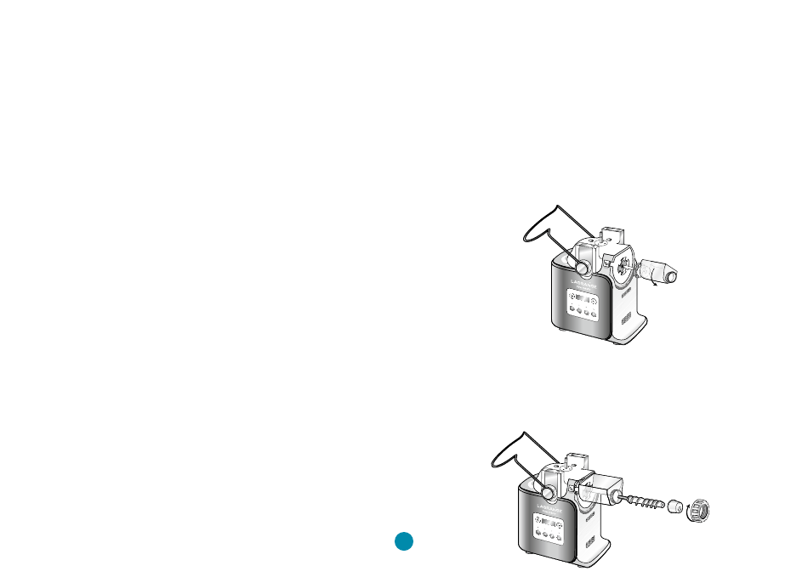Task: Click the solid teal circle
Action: [404, 541]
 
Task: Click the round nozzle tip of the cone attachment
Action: [673, 276]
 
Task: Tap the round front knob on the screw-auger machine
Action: [548, 490]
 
